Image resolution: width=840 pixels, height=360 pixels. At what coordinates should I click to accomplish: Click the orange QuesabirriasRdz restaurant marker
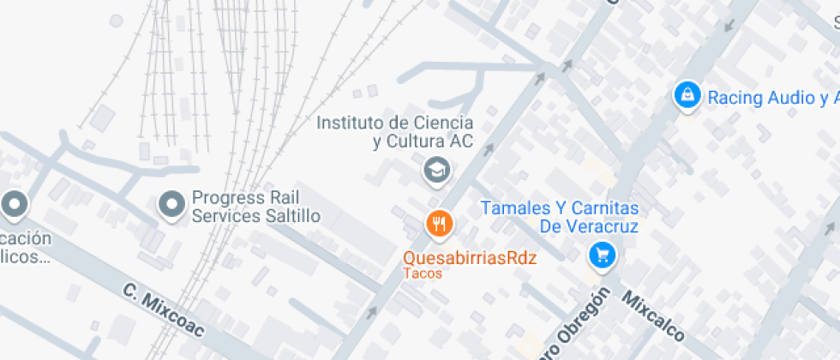pyautogui.click(x=439, y=225)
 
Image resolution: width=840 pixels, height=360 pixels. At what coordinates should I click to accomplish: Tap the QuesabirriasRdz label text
pyautogui.click(x=470, y=258)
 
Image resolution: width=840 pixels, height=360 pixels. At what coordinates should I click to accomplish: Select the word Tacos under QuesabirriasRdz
pyautogui.click(x=423, y=273)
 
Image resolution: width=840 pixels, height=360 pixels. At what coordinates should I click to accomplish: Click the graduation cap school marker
pyautogui.click(x=438, y=169)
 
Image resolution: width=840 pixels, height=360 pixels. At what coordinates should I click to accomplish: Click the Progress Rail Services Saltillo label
pyautogui.click(x=255, y=207)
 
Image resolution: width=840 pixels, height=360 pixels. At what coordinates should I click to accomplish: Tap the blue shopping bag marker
pyautogui.click(x=687, y=96)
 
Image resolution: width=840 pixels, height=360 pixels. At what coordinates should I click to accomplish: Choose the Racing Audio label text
pyautogui.click(x=771, y=97)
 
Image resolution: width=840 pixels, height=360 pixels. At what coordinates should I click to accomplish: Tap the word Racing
pyautogui.click(x=735, y=97)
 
